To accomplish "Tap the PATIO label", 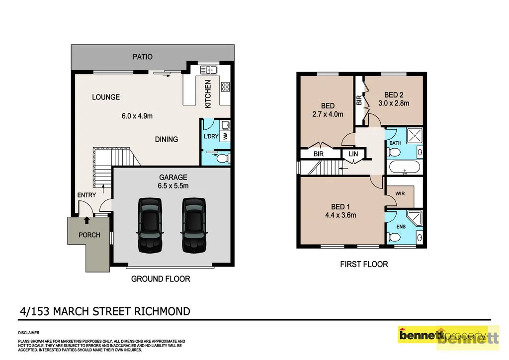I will click(142, 57).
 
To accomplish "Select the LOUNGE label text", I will click(106, 97).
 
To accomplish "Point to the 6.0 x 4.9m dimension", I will click(137, 116).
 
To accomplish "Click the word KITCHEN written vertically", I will click(208, 94).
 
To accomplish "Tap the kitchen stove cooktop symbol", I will click(225, 87).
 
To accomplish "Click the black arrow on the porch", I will click(87, 219).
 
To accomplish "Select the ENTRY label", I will click(86, 195).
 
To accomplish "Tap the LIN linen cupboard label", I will click(353, 155).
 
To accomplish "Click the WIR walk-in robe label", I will click(400, 194).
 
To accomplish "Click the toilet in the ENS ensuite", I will click(392, 239).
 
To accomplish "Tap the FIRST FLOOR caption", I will click(364, 264).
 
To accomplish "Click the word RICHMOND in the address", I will click(162, 312).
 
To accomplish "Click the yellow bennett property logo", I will click(442, 335).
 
